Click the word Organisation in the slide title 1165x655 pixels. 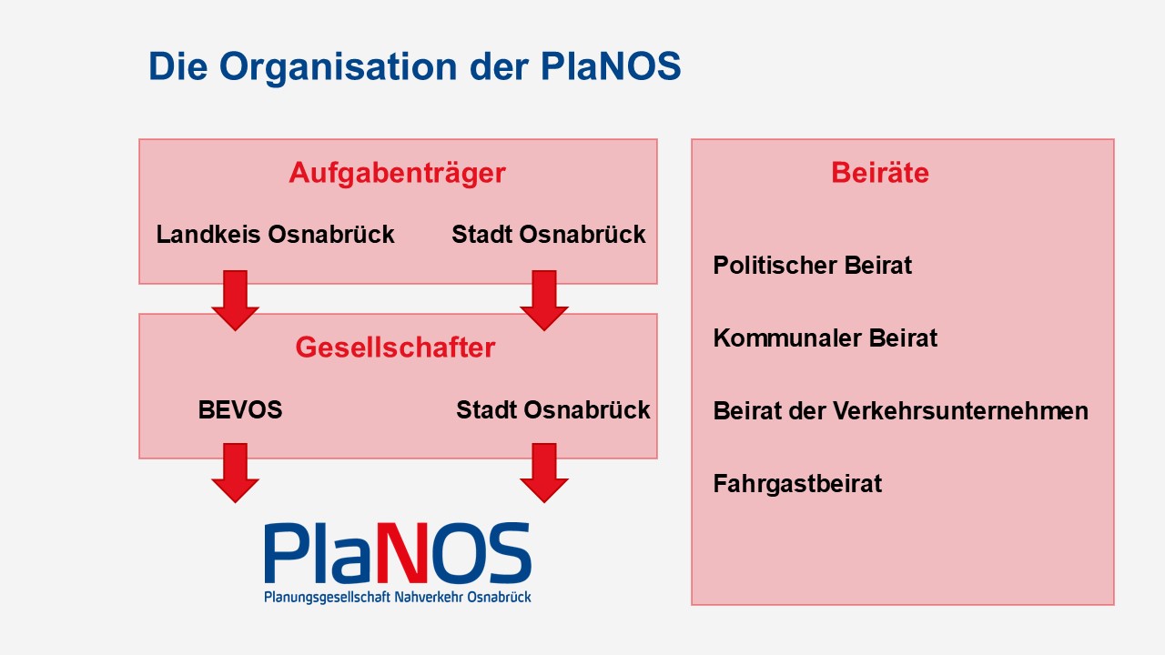pyautogui.click(x=338, y=67)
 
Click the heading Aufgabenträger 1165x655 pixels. pyautogui.click(x=398, y=174)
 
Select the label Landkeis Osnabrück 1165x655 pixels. pyautogui.click(x=275, y=235)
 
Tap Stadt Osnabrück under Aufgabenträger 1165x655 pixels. pyautogui.click(x=549, y=235)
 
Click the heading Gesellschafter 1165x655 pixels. pyautogui.click(x=395, y=348)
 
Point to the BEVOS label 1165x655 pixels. pyautogui.click(x=240, y=410)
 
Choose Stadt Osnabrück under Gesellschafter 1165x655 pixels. pyautogui.click(x=553, y=410)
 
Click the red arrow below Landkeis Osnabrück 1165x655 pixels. pyautogui.click(x=235, y=300)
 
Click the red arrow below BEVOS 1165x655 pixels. pyautogui.click(x=235, y=473)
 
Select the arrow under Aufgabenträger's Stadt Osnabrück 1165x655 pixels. pyautogui.click(x=544, y=300)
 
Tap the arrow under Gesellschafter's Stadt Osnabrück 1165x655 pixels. pyautogui.click(x=544, y=473)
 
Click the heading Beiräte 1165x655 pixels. pyautogui.click(x=880, y=173)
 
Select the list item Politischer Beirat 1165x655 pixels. pyautogui.click(x=813, y=266)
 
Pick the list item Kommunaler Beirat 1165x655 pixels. pyautogui.click(x=826, y=338)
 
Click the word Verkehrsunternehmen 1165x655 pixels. pyautogui.click(x=960, y=411)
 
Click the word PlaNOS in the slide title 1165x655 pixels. pyautogui.click(x=611, y=66)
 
